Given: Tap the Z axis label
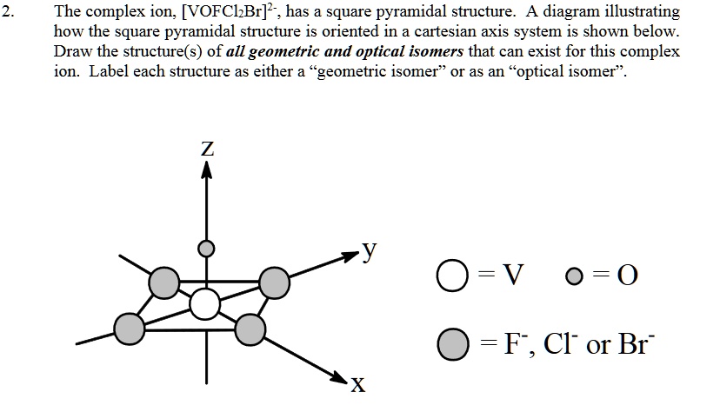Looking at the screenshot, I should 206,149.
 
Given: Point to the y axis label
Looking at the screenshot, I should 370,250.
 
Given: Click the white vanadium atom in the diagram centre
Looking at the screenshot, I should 205,304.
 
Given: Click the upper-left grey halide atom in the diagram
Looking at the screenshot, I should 164,282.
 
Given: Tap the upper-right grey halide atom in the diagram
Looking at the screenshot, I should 275,282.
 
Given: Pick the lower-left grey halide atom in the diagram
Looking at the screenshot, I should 130,328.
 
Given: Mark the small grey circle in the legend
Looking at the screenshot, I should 573,277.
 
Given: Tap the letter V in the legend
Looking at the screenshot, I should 516,276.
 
